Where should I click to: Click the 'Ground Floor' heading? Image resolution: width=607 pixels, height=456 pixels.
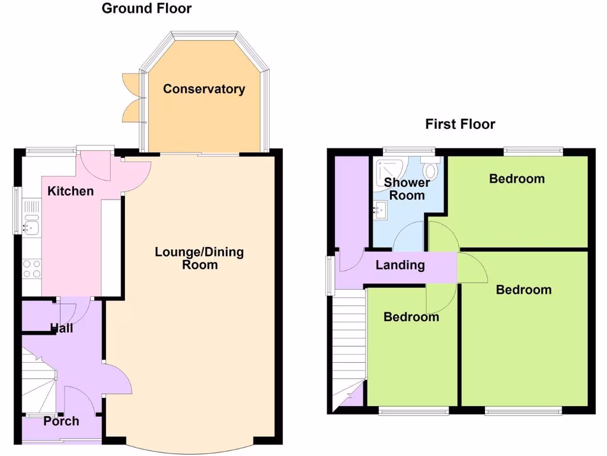146,8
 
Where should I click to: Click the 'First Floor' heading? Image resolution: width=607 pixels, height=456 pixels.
460,124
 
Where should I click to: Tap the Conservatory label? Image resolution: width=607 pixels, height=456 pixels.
204,89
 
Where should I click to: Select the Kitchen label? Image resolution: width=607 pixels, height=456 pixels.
71,191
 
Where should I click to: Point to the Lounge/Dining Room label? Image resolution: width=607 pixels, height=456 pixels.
199,258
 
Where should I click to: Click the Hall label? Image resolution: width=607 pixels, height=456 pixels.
62,328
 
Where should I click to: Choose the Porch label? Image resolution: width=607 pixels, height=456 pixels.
61,421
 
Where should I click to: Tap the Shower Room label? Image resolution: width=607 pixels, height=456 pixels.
407,189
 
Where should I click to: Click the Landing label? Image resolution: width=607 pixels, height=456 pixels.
400,265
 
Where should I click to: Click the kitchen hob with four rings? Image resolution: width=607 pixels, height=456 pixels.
31,269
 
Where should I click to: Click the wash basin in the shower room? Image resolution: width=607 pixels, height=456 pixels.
380,208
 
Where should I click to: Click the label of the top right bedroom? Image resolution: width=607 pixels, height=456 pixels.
516,179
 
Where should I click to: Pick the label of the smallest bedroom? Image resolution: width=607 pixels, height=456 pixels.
411,317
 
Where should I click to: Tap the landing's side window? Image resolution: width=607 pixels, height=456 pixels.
329,276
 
